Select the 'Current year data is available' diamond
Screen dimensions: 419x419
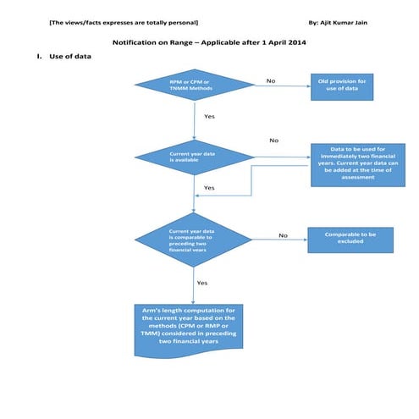[195, 157]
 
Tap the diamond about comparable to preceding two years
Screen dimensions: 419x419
[195, 240]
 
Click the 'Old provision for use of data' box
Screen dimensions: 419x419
[343, 85]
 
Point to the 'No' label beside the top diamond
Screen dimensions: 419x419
[271, 81]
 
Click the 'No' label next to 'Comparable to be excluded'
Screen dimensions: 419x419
[283, 235]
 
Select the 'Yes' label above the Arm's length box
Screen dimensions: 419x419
[202, 283]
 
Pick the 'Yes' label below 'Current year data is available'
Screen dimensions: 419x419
[209, 187]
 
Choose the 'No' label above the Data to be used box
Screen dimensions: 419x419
[273, 140]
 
